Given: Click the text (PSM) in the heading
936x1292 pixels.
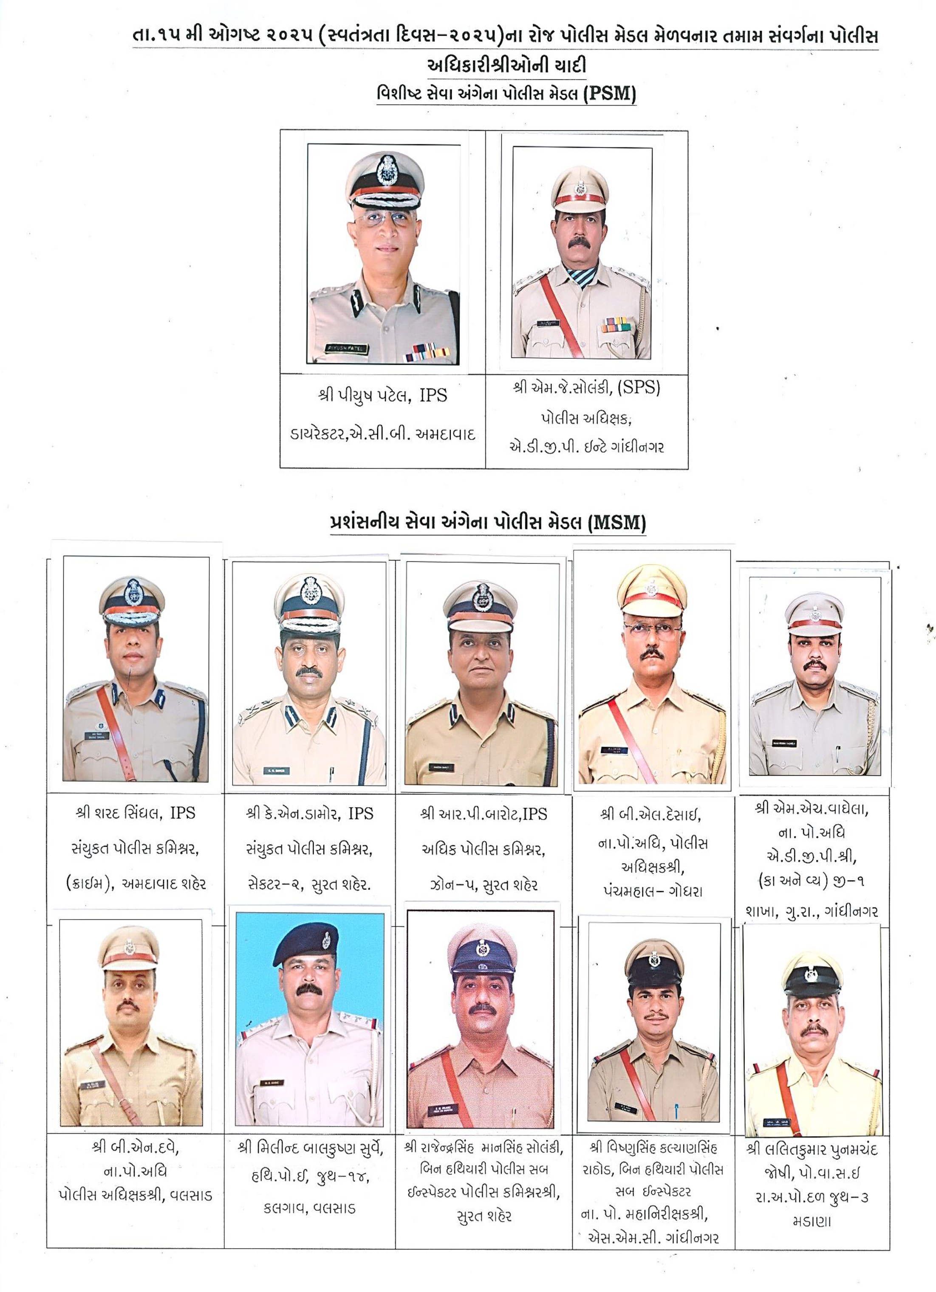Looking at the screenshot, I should (x=609, y=93).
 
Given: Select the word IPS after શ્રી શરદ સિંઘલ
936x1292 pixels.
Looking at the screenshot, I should (x=182, y=813).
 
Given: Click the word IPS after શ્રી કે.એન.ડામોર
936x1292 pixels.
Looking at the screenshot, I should (x=360, y=813).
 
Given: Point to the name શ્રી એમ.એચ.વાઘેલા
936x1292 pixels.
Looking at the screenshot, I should (x=811, y=808).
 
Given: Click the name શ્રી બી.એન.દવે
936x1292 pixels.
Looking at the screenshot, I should (x=135, y=1147).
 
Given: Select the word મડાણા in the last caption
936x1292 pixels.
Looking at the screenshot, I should (x=811, y=1222).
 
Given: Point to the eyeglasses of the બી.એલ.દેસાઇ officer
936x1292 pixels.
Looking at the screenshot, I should (x=652, y=631).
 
